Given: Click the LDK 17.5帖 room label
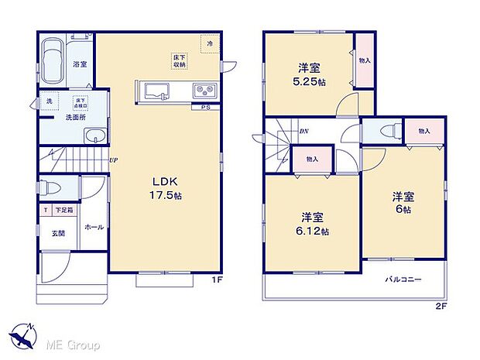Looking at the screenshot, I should click(x=165, y=189).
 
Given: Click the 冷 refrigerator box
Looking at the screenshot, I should click(x=209, y=44).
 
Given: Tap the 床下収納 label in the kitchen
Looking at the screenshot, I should click(x=178, y=60).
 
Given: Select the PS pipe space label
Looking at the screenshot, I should click(x=205, y=107).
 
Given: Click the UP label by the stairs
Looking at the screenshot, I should click(x=113, y=161).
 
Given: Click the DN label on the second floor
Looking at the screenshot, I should click(x=304, y=132).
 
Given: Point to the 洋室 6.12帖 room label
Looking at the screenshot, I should click(x=314, y=223).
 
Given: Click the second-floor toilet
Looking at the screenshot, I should click(x=389, y=132).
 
